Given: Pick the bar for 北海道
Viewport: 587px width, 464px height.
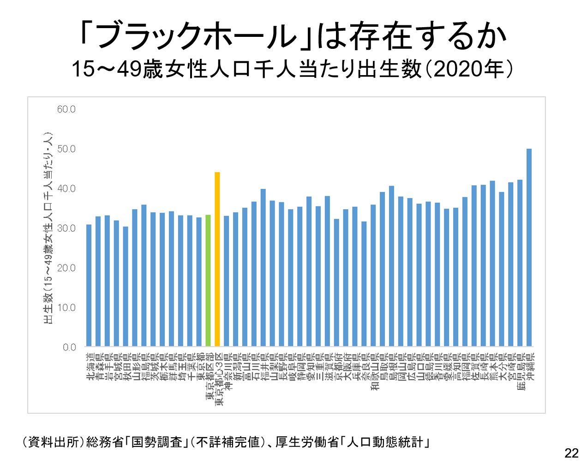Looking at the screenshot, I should (x=89, y=285).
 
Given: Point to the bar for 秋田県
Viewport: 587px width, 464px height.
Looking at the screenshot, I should (x=126, y=286).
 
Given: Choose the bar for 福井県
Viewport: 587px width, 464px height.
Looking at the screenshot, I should (x=263, y=267).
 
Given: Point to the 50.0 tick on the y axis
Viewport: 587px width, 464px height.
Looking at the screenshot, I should (x=66, y=149).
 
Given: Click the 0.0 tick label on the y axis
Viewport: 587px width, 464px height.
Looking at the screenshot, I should (x=69, y=347).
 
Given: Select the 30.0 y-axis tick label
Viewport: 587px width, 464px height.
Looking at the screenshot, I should (x=66, y=228).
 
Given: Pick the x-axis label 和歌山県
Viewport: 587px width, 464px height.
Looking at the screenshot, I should (x=373, y=373).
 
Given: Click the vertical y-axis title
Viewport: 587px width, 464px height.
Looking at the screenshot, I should (x=48, y=228).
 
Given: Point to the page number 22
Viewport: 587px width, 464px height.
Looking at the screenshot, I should (x=571, y=453).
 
